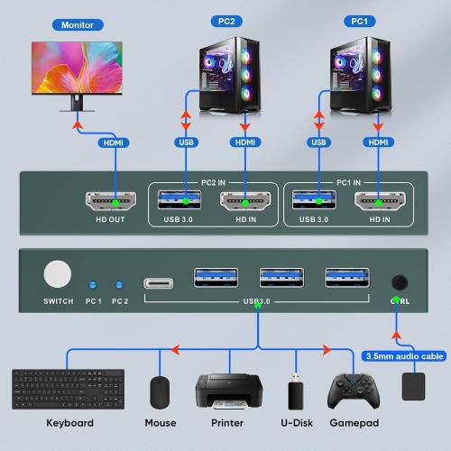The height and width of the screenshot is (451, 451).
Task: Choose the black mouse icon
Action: click(161, 392)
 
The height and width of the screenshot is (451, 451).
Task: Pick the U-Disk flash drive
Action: click(295, 393)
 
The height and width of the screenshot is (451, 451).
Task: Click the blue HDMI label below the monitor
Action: click(115, 142)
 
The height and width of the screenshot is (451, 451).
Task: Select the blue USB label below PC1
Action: click(318, 142)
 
